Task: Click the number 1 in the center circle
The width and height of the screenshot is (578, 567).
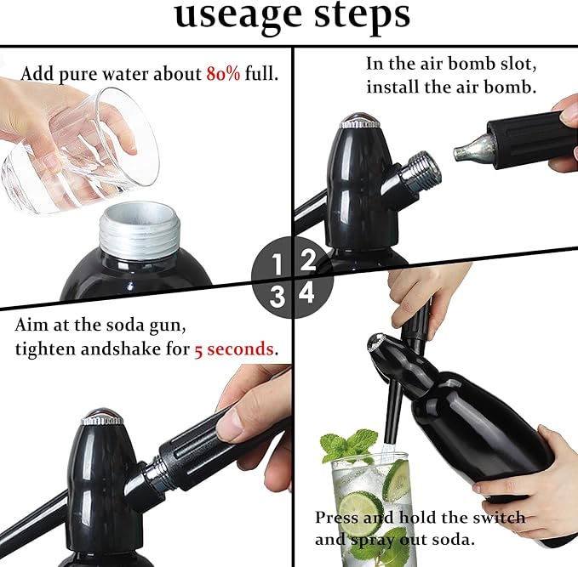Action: tap(276, 265)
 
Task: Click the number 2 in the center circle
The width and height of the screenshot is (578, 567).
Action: tap(307, 259)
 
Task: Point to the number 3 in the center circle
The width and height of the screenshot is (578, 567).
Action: tap(276, 296)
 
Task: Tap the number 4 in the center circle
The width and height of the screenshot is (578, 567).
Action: tap(307, 294)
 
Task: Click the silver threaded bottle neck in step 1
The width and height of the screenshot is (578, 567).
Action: tap(140, 230)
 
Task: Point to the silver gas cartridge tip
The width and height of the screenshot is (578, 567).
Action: tap(466, 150)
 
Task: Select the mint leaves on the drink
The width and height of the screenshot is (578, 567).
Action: tap(349, 446)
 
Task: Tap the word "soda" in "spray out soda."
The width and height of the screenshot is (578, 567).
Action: tap(432, 539)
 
